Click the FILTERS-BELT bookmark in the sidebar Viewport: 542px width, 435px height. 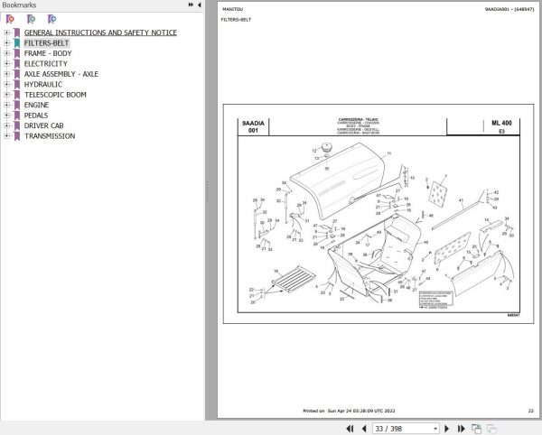(46, 43)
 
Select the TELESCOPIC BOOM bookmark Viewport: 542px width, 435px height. (55, 95)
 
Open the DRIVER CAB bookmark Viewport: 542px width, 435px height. (44, 125)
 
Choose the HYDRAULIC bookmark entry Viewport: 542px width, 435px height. (43, 84)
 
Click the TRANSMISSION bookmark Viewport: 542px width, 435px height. (50, 136)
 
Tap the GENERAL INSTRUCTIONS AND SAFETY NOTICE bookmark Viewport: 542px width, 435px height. (100, 33)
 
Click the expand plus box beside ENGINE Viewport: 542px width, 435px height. (6, 105)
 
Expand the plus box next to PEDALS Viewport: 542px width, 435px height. (6, 116)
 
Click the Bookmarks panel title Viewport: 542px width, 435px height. (18, 5)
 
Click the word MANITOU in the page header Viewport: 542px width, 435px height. (232, 8)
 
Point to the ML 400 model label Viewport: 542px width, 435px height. (501, 122)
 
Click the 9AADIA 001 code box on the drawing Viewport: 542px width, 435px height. (252, 126)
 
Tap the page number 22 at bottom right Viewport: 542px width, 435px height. (530, 411)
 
